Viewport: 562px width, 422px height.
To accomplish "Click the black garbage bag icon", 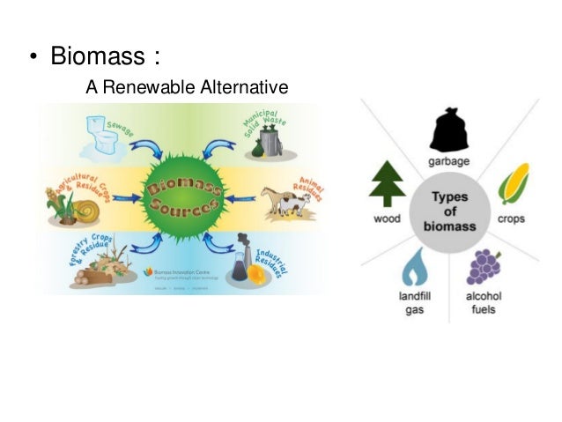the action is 447,130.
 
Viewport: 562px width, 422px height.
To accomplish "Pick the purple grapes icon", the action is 483,266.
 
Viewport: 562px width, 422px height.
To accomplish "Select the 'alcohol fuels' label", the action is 484,304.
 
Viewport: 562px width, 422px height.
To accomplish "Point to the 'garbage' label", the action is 447,162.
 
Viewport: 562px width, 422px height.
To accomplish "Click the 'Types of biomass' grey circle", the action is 448,212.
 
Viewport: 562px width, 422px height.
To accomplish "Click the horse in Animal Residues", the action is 280,204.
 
